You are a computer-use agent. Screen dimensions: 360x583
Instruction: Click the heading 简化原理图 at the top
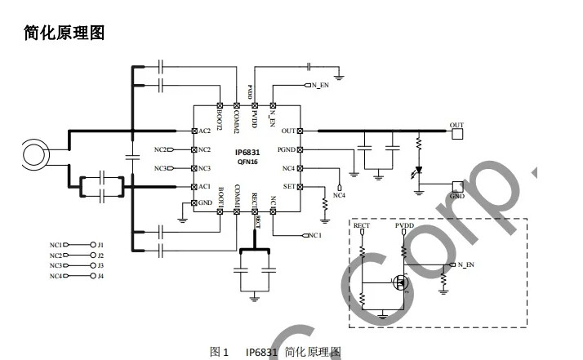[x=65, y=33]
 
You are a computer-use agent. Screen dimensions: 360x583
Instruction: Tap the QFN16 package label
[x=248, y=162]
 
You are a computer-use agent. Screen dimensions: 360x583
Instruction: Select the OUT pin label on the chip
[x=287, y=131]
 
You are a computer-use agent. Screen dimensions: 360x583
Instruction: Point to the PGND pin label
[x=286, y=150]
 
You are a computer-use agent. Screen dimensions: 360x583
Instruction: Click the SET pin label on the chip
[x=288, y=187]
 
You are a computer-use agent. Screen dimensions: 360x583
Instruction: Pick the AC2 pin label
[x=204, y=131]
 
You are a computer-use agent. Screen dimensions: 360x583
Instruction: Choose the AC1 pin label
[x=204, y=187]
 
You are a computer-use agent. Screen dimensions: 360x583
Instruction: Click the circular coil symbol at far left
[x=36, y=153]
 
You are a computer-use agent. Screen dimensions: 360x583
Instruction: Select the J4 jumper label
[x=100, y=277]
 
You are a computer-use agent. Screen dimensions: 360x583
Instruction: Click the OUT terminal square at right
[x=456, y=133]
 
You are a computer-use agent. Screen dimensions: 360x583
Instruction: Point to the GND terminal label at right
[x=457, y=197]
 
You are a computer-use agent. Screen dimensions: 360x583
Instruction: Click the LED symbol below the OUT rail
[x=419, y=171]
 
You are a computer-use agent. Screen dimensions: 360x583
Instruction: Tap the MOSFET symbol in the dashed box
[x=402, y=283]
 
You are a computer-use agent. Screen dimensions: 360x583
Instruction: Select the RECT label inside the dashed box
[x=362, y=224]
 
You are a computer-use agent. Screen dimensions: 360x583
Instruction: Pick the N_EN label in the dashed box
[x=467, y=266]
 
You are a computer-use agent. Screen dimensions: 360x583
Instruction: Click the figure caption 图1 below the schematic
[x=219, y=352]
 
